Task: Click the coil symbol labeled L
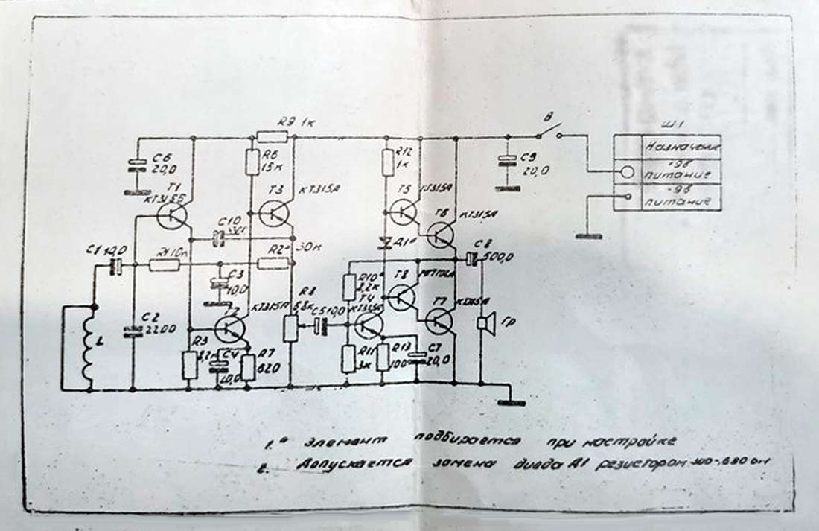[x=89, y=346]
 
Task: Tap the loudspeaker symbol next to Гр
[x=486, y=324]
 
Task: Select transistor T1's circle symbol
[x=173, y=216]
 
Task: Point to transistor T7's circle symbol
[x=439, y=322]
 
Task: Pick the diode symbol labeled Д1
[x=386, y=241]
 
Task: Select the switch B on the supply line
[x=549, y=132]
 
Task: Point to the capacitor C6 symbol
[x=136, y=165]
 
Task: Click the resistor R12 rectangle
[x=388, y=162]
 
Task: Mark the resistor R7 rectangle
[x=249, y=366]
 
